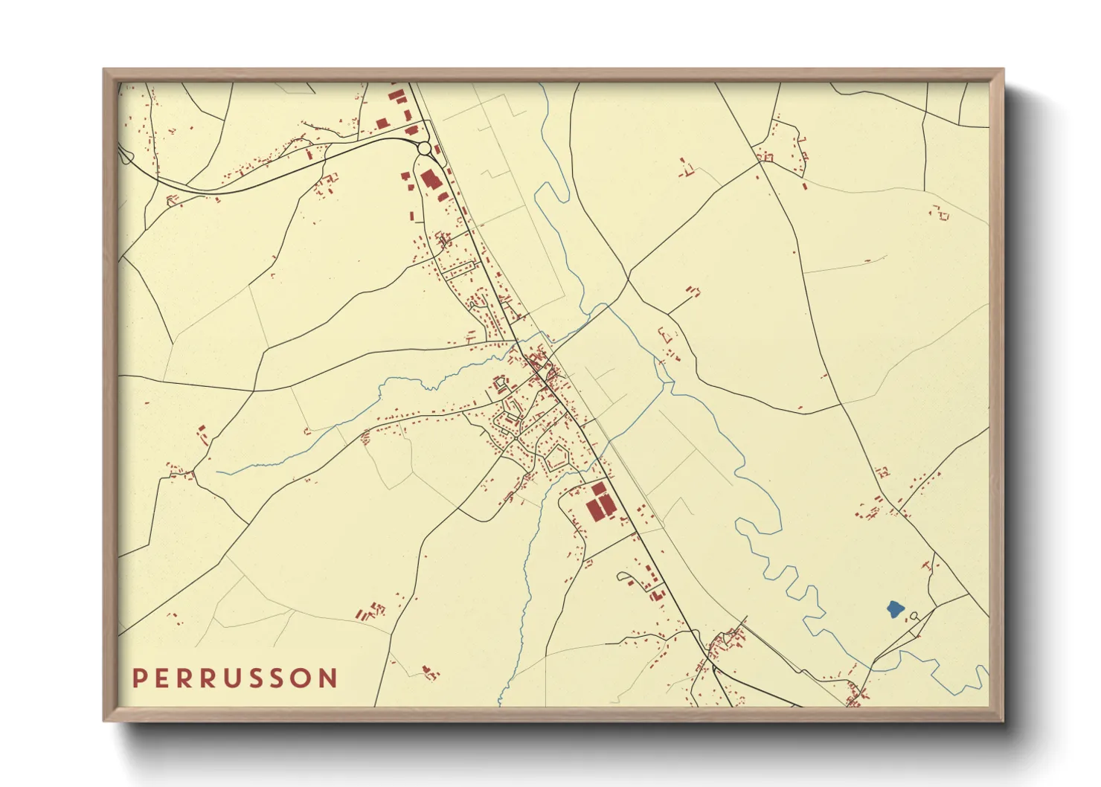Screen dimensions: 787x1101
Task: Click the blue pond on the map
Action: point(896,609)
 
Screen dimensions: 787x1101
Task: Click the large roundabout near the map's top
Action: point(424,148)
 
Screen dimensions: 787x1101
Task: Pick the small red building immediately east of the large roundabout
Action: point(437,150)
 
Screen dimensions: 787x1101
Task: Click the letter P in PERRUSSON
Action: point(139,678)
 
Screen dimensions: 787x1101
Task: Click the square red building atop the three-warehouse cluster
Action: point(598,488)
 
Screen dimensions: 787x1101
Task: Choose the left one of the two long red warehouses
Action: point(594,510)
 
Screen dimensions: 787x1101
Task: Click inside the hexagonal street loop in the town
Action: point(558,458)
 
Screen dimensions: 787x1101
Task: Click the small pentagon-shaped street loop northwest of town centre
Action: point(501,385)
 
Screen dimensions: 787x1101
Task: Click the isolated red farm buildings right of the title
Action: point(428,673)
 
